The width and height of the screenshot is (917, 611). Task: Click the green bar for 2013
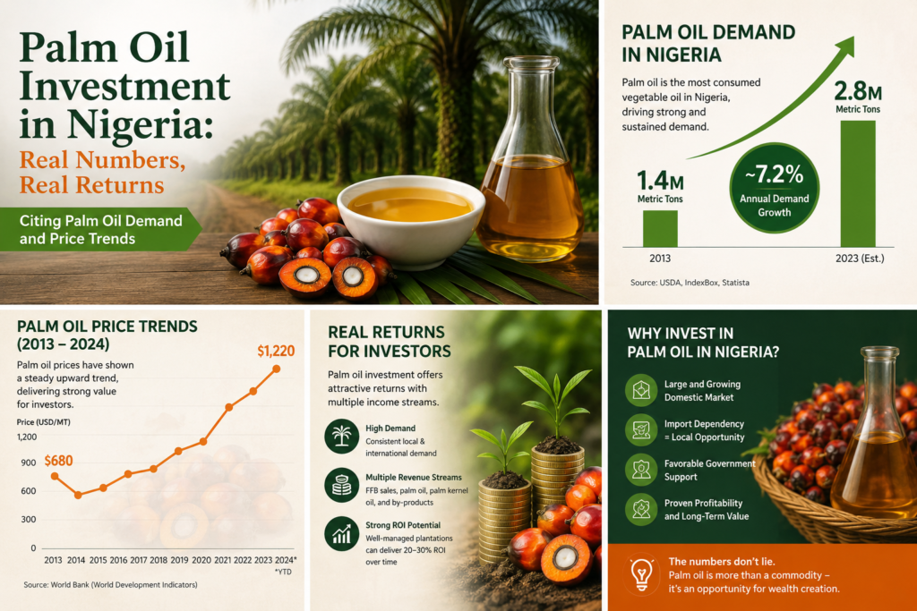click(660, 228)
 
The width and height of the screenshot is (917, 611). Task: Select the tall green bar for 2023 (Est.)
click(858, 183)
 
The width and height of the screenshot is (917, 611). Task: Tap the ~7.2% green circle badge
click(775, 188)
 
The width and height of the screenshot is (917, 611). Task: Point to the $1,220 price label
click(276, 351)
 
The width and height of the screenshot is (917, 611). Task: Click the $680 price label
click(58, 461)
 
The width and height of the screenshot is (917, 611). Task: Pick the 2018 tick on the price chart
click(159, 560)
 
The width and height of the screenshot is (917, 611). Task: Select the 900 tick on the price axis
click(29, 462)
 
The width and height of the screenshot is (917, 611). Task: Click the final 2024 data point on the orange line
click(277, 369)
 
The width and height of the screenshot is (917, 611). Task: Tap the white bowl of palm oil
click(411, 221)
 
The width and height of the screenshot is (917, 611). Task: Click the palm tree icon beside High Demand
click(341, 436)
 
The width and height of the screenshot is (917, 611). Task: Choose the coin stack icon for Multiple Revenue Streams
click(341, 485)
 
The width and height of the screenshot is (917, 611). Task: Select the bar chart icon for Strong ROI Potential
click(341, 534)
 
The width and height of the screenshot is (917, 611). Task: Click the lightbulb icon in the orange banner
click(641, 574)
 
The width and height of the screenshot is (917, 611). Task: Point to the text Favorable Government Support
click(709, 471)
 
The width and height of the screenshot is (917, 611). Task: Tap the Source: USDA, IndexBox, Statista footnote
click(690, 282)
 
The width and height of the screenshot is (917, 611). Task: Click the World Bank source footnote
click(110, 585)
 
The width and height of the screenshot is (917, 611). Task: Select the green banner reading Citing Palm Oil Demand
click(100, 230)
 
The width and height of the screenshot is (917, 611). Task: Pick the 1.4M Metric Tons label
click(660, 186)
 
